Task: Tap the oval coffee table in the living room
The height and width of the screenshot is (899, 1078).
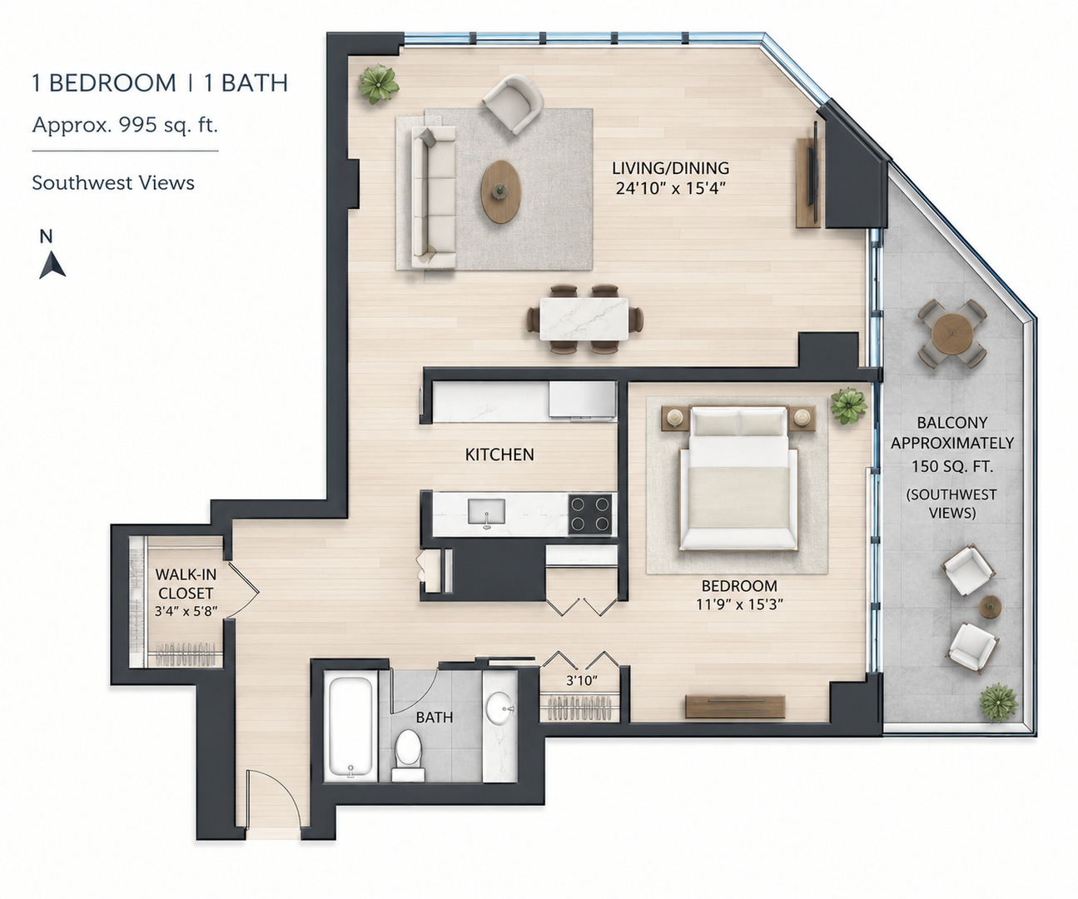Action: [x=501, y=191]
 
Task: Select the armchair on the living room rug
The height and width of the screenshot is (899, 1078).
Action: [x=513, y=104]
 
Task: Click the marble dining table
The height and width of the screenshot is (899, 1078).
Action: [x=584, y=320]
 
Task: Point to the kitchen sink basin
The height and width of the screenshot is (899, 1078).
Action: [x=486, y=512]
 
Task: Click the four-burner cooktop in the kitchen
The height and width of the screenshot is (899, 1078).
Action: [x=590, y=514]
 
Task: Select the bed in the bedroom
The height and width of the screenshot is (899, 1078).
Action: [x=739, y=478]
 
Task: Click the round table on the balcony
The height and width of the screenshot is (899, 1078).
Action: [x=952, y=333]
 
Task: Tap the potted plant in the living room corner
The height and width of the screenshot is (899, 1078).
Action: [x=379, y=84]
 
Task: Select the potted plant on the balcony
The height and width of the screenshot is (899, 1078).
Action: [x=999, y=703]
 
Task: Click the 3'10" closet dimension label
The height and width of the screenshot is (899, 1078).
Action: [x=582, y=681]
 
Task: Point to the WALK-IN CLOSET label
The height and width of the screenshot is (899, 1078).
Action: [x=186, y=584]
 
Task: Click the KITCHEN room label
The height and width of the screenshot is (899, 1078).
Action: [x=499, y=454]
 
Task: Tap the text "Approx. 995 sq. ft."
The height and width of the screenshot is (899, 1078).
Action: [x=125, y=125]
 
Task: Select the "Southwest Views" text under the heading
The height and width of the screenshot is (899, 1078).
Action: [x=113, y=183]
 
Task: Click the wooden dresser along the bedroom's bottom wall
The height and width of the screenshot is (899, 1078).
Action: [x=735, y=707]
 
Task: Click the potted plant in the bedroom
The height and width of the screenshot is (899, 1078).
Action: [x=848, y=406]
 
